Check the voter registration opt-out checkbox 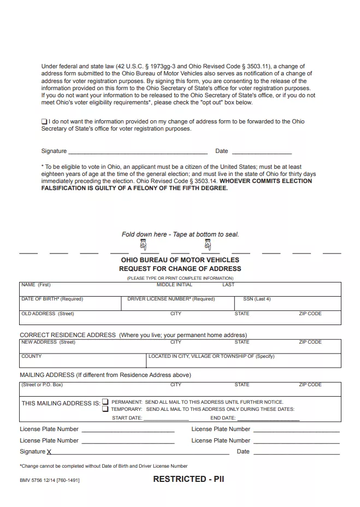[44, 121]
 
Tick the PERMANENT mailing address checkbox [105, 402]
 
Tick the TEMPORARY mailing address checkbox [105, 409]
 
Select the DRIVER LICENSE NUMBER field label [171, 299]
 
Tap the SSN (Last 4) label [257, 299]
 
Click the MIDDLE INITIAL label [174, 285]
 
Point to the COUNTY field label [32, 357]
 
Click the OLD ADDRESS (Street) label [48, 314]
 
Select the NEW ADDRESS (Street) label [48, 343]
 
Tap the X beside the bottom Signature [50, 452]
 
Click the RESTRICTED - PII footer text [188, 479]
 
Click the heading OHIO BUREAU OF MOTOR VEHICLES [180, 260]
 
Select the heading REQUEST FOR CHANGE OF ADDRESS [180, 269]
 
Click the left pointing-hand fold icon [143, 244]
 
